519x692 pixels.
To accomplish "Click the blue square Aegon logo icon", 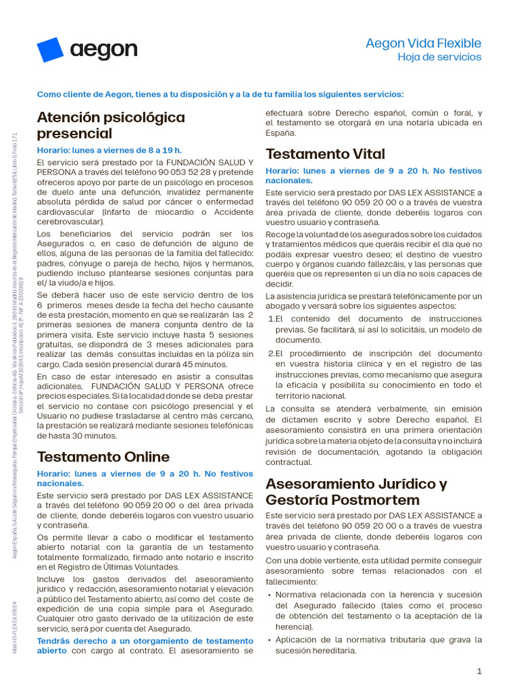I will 50,50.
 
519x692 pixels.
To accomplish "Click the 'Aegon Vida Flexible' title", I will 423,43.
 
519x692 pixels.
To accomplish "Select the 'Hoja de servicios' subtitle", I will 439,57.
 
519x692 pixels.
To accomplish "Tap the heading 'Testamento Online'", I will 103,457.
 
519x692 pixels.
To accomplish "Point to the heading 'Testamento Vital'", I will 325,153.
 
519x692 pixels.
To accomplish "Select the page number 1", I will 479,671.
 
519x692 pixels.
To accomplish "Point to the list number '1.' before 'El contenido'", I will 272,318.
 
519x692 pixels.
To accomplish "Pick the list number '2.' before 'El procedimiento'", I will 272,353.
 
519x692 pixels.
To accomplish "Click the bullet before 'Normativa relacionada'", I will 270,595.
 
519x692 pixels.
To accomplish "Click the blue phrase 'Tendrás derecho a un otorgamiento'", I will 145,641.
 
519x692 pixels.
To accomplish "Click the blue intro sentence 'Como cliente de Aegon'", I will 220,94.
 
